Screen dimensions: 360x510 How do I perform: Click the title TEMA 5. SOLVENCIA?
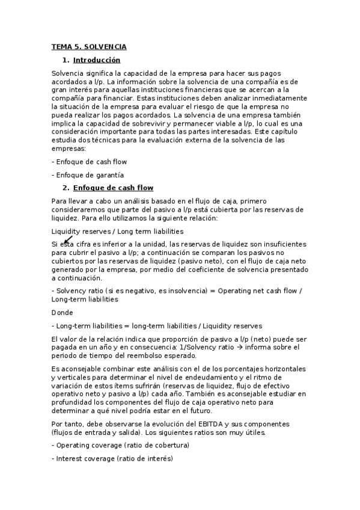pos(89,46)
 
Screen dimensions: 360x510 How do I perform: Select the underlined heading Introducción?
pos(96,60)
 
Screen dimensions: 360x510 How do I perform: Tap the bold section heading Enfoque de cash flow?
pos(113,188)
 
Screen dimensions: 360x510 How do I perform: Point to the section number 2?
pos(66,188)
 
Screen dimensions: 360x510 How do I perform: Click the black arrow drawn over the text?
pos(67,240)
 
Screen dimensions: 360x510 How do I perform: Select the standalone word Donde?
pos(63,312)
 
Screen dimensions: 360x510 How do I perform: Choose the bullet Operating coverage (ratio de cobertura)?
pos(122,445)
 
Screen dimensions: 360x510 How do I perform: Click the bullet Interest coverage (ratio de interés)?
pos(114,458)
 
